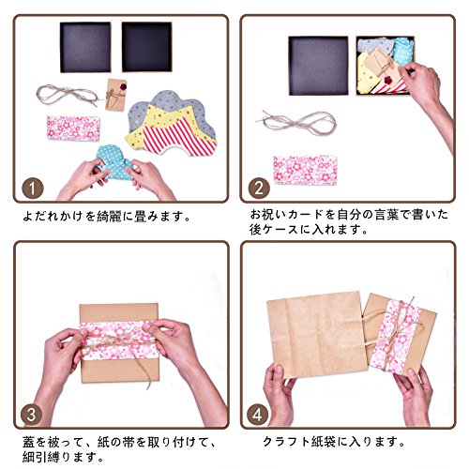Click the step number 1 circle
click(x=33, y=189)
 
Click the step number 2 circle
click(x=259, y=189)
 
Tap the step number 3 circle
click(x=31, y=415)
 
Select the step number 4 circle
click(x=257, y=415)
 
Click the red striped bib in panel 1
click(x=178, y=138)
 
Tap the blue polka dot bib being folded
click(x=114, y=162)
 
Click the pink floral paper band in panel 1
click(x=73, y=129)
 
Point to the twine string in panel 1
click(x=68, y=94)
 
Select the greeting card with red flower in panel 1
click(x=116, y=95)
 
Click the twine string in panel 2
click(x=298, y=123)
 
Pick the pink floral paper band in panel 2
click(x=305, y=170)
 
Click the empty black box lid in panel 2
click(x=318, y=66)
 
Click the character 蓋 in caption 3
click(x=28, y=443)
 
